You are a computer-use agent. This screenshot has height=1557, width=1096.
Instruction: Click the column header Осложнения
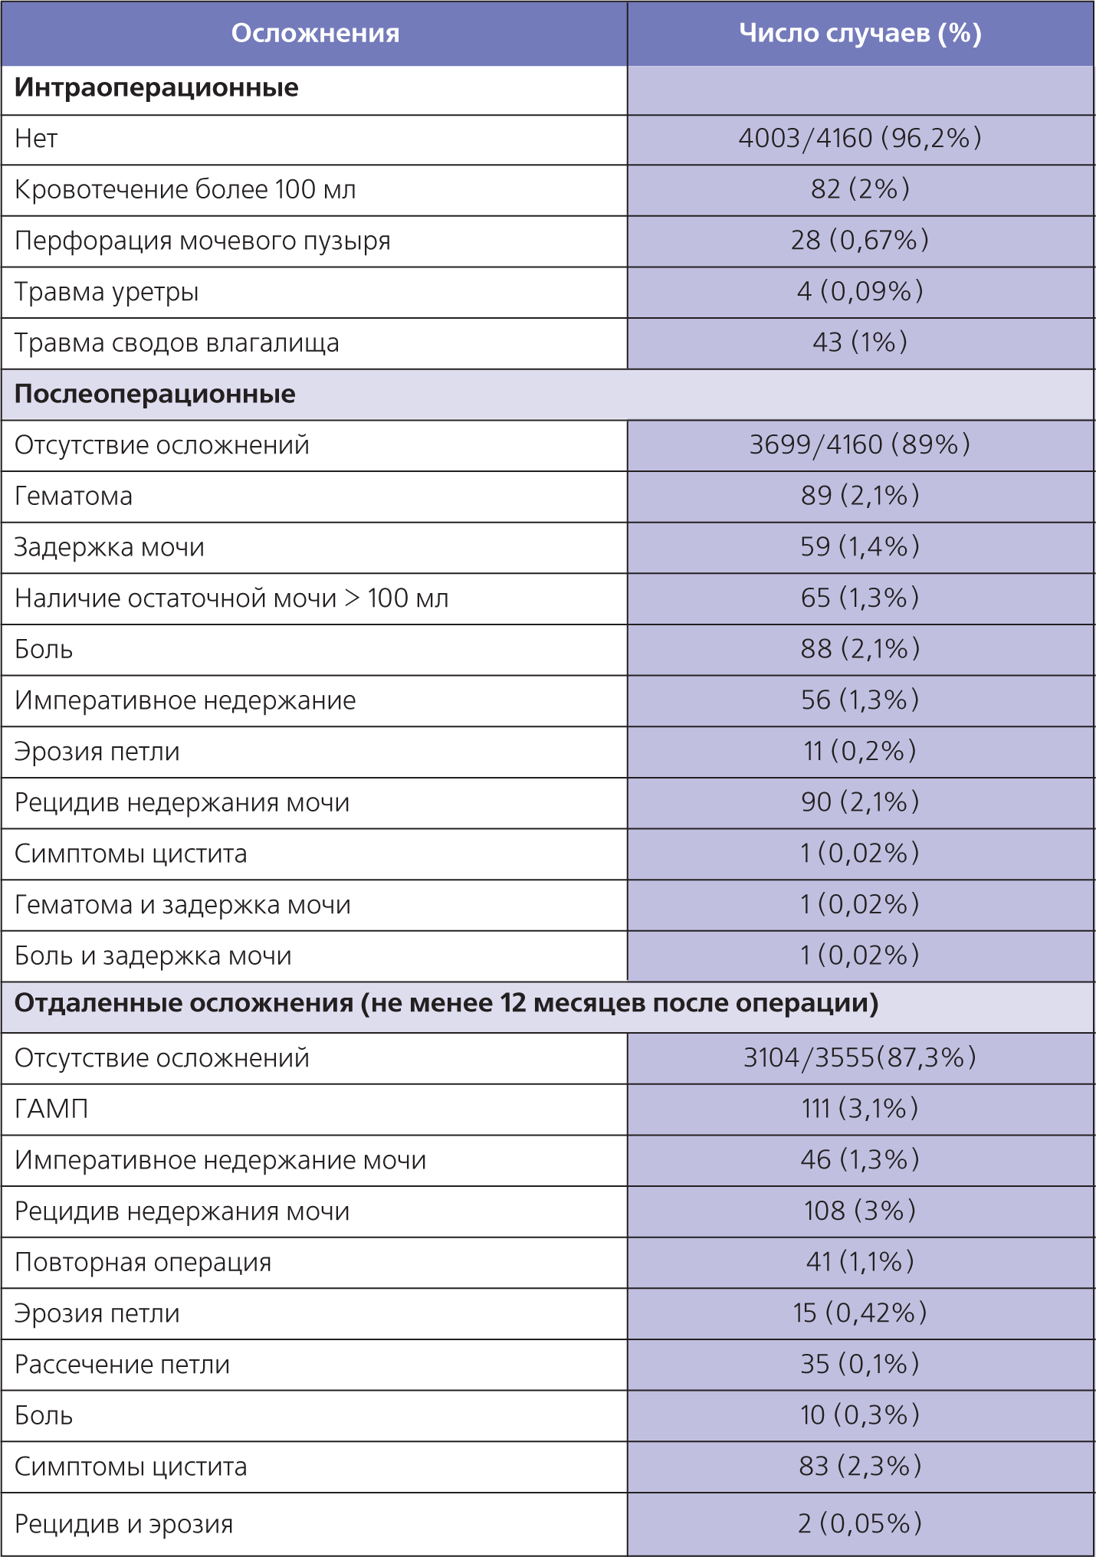(315, 33)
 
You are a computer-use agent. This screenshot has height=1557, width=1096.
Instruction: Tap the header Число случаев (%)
(860, 33)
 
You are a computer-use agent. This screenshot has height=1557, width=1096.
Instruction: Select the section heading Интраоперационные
(156, 87)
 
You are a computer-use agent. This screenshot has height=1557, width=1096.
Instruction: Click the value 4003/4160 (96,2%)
(860, 138)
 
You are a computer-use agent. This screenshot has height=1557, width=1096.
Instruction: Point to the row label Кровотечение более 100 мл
(185, 189)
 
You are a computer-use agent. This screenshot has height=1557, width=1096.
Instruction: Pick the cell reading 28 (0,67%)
(860, 241)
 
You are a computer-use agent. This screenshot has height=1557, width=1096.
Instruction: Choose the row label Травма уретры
(107, 292)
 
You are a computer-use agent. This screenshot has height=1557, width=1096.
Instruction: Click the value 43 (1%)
(860, 343)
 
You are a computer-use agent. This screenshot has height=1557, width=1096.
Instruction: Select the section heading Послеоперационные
(155, 394)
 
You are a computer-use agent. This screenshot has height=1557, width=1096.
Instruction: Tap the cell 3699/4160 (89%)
(860, 444)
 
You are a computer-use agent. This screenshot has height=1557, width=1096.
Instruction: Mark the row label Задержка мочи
(110, 547)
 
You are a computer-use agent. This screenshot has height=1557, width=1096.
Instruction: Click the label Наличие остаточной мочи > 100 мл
(231, 598)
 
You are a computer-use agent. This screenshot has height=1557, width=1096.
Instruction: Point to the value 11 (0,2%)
(860, 751)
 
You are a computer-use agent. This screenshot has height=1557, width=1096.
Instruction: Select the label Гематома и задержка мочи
(182, 905)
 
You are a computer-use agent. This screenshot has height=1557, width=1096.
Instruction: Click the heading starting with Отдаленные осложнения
(446, 1003)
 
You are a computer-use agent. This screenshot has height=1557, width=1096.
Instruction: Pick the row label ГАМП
(51, 1109)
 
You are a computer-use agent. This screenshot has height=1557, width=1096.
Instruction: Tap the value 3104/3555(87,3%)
(860, 1057)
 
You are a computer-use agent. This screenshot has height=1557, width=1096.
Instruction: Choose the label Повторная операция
(143, 1262)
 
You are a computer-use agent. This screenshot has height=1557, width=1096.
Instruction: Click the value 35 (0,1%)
(860, 1364)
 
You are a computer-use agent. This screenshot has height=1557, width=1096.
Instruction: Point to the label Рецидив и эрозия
(123, 1523)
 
